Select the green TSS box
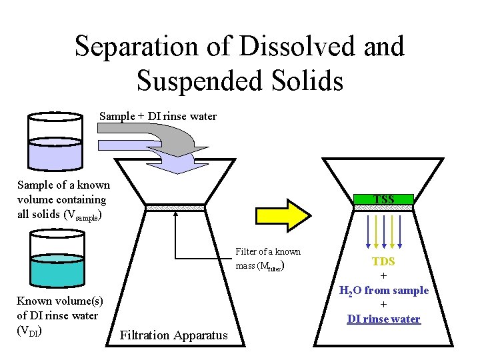(384, 199)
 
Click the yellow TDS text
(384, 262)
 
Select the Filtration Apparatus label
(173, 335)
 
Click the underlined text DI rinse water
(384, 319)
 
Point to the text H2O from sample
(384, 290)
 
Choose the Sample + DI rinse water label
(158, 117)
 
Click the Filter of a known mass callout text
(268, 258)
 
